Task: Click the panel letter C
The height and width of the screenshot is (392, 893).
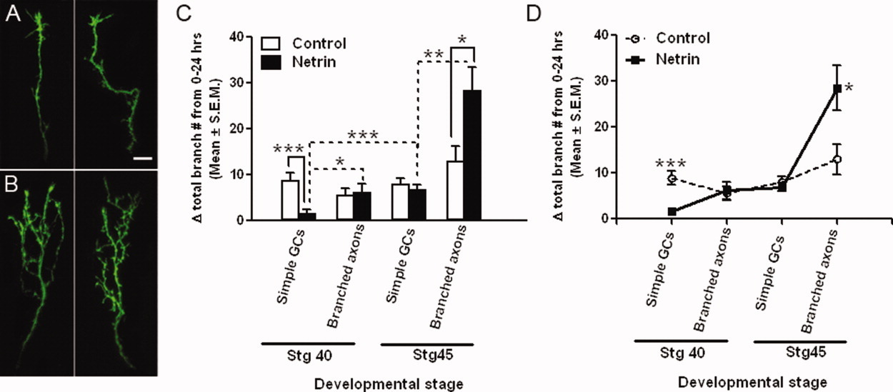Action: tap(183, 14)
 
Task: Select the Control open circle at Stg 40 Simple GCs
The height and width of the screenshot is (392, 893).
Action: tap(671, 179)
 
